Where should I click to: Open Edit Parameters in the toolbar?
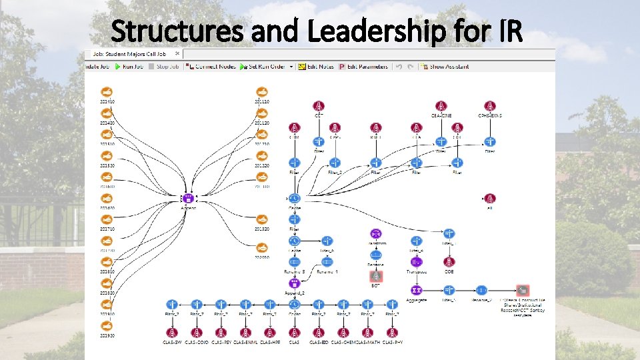[361, 67]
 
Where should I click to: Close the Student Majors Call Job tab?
[177, 53]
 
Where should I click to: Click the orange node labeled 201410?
[107, 93]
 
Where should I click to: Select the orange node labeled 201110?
[261, 93]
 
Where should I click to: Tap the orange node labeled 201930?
[107, 326]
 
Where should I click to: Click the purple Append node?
[189, 198]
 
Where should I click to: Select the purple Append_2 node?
[294, 283]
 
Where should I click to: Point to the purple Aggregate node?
[416, 290]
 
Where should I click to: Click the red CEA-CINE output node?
[441, 106]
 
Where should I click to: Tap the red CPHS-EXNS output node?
[490, 106]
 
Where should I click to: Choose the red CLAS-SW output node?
[171, 332]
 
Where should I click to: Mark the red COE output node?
[449, 261]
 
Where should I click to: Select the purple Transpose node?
[416, 261]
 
